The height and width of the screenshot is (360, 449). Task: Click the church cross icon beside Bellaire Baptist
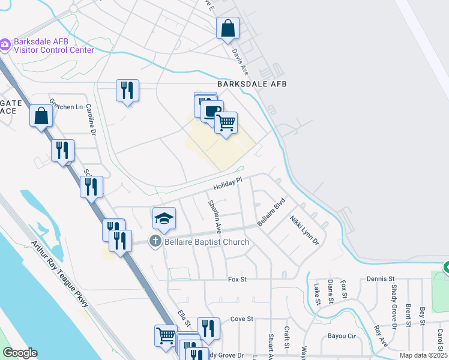tap(155, 241)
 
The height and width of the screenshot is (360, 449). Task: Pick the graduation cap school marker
tap(164, 218)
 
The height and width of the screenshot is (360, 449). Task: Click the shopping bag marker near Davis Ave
tap(228, 28)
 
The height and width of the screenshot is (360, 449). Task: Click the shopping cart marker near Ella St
tap(166, 335)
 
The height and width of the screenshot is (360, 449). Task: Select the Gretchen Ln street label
tap(66, 106)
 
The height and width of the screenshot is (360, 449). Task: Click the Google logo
tap(20, 353)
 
